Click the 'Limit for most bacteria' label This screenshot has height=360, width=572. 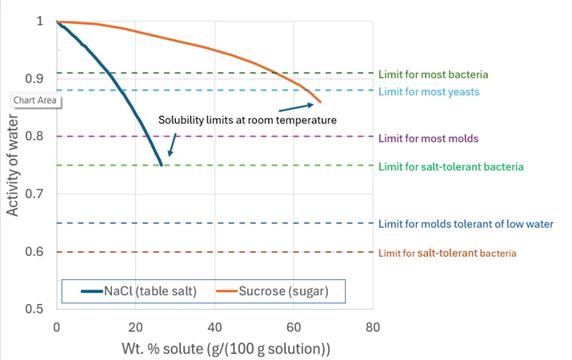click(433, 74)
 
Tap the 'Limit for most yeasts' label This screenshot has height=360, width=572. click(430, 91)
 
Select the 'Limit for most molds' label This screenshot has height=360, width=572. click(428, 138)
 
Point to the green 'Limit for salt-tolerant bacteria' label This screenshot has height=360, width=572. click(450, 166)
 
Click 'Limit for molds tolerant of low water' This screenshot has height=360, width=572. click(466, 224)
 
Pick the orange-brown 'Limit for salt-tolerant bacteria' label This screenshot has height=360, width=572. click(447, 253)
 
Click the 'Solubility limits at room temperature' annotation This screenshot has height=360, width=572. click(246, 120)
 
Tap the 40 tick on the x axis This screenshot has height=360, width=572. click(214, 328)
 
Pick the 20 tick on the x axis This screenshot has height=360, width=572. click(135, 328)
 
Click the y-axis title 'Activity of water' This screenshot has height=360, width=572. click(13, 164)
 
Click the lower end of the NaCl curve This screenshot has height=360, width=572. click(162, 165)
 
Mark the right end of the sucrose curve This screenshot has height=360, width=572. click(320, 102)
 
